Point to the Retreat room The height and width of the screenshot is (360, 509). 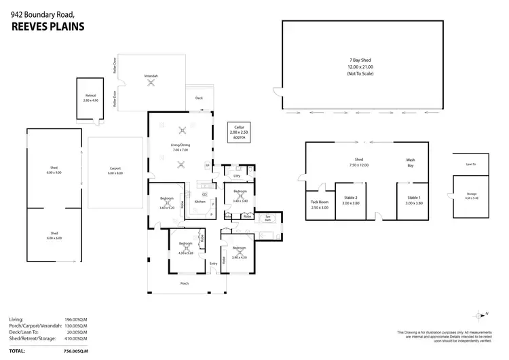(91, 98)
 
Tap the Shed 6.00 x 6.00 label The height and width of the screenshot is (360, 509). (54, 236)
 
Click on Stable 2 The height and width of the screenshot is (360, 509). (350, 199)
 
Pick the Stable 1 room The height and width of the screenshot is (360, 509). (414, 199)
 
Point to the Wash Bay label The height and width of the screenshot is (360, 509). (410, 163)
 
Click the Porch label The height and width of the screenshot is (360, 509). (184, 283)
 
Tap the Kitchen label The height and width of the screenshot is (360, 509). (200, 202)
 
